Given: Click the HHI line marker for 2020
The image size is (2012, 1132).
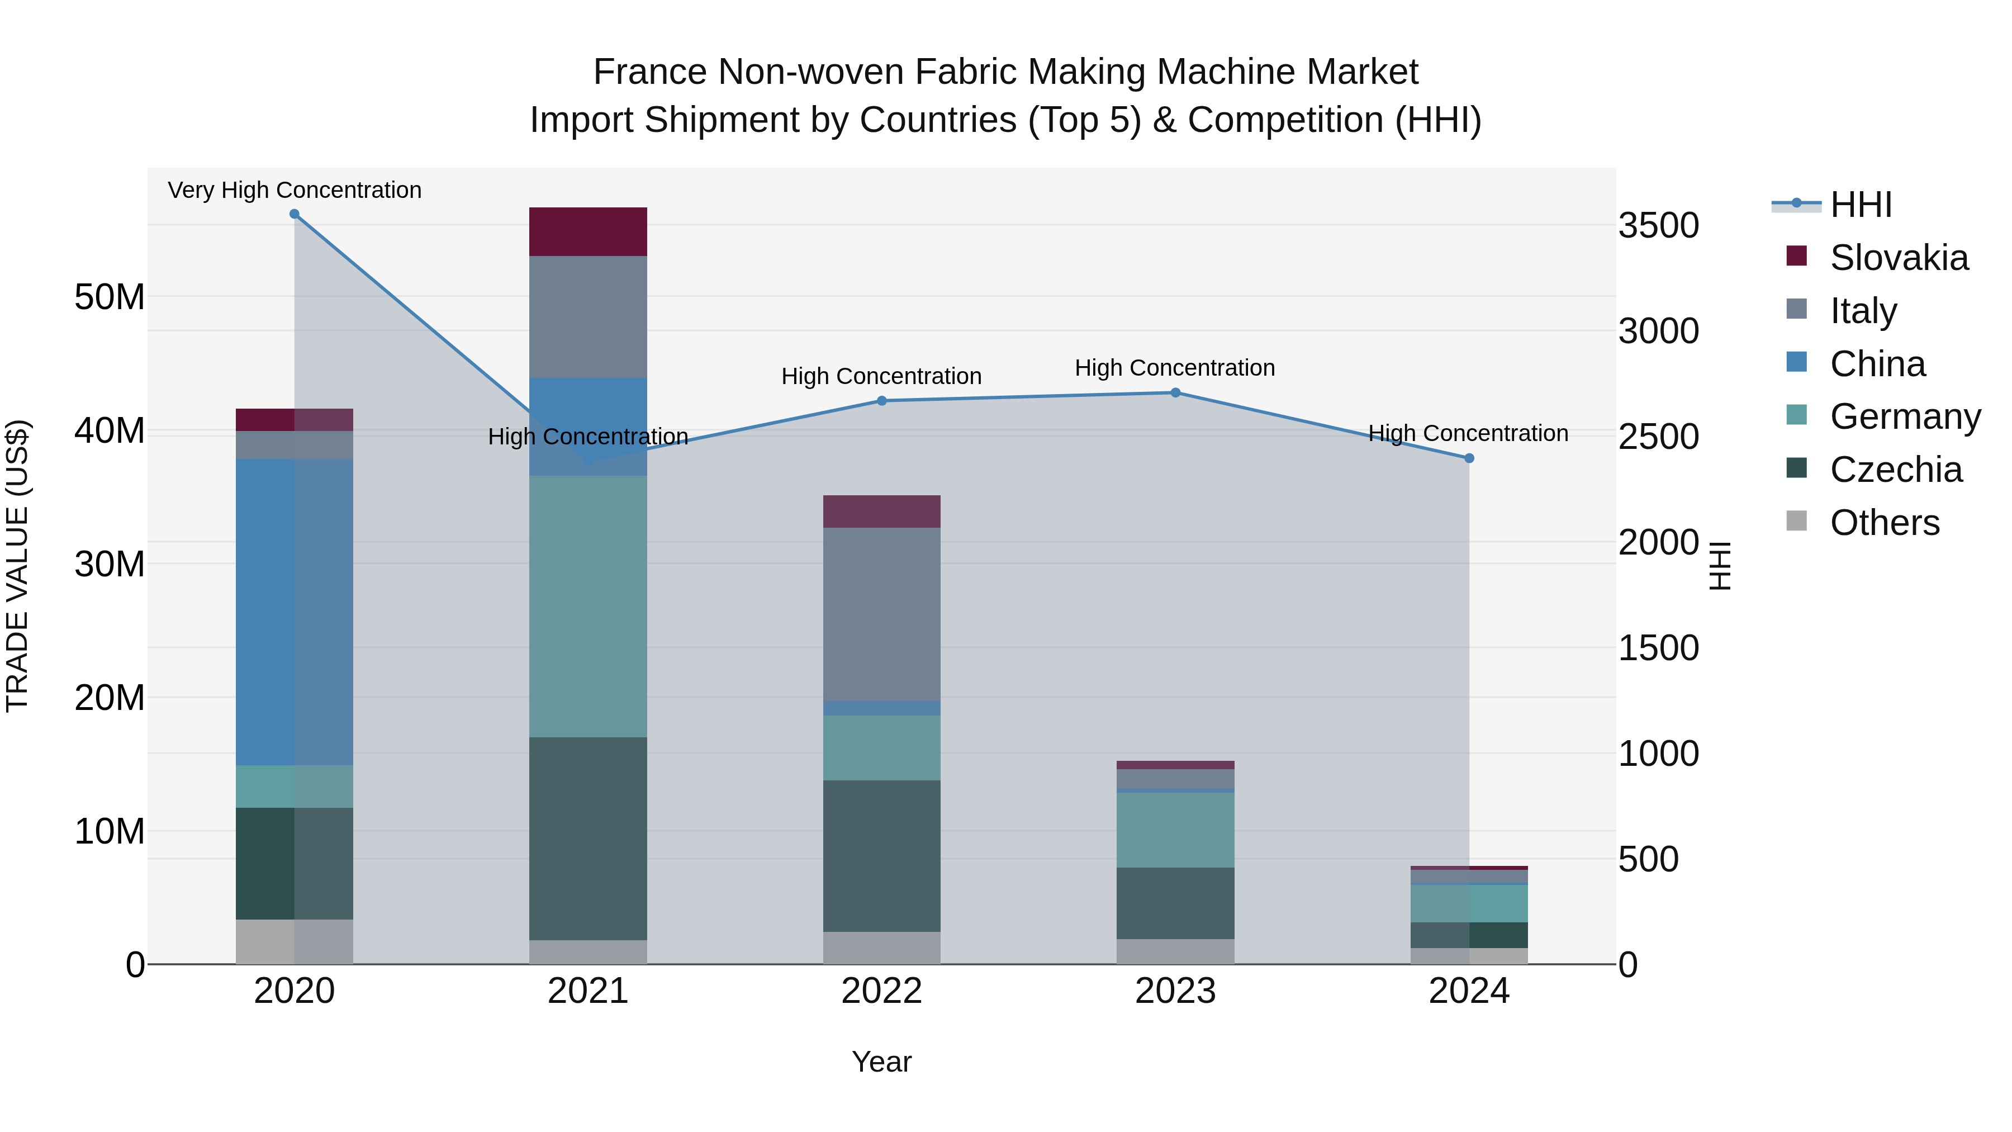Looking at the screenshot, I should [295, 214].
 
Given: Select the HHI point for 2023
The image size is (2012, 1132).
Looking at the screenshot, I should [1175, 393].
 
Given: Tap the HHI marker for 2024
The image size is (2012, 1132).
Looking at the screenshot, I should [1469, 458].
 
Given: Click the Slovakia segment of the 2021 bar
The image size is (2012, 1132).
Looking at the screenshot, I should [588, 232].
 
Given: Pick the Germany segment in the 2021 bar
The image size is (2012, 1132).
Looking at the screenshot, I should [588, 606].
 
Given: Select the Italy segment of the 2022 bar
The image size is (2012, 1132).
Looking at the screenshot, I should [882, 615].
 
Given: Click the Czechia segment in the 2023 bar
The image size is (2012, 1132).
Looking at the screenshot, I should [1175, 903].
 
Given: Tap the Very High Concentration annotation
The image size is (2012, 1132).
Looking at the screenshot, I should [295, 190].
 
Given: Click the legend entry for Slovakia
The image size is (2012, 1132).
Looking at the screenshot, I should [1899, 258].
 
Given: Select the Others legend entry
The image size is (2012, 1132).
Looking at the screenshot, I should [1884, 523].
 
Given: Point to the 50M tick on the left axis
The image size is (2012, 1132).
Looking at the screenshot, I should [110, 297].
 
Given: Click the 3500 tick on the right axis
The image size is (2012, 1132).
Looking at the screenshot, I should [1658, 226].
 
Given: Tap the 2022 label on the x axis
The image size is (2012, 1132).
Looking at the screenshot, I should [882, 991].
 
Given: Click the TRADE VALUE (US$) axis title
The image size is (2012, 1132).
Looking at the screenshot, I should [17, 566].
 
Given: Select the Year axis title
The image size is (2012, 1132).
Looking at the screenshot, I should [882, 1062].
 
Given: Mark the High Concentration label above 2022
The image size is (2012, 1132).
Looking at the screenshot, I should [882, 377].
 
